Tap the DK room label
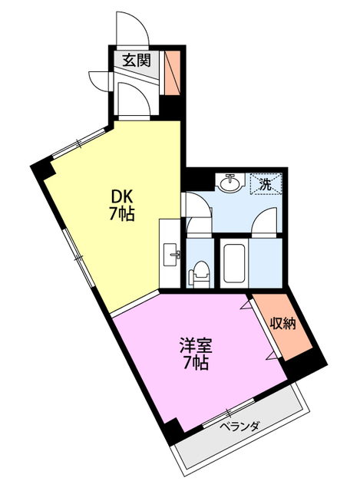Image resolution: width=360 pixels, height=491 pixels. click(121, 196)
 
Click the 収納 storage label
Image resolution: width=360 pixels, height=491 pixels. click(282, 324)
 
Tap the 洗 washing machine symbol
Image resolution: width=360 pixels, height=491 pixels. click(266, 184)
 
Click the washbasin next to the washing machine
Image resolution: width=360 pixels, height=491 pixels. click(228, 183)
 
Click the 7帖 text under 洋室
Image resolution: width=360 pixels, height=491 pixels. click(196, 364)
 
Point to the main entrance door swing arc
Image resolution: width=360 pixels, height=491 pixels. click(130, 28)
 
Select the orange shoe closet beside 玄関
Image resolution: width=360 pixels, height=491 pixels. click(172, 66)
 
